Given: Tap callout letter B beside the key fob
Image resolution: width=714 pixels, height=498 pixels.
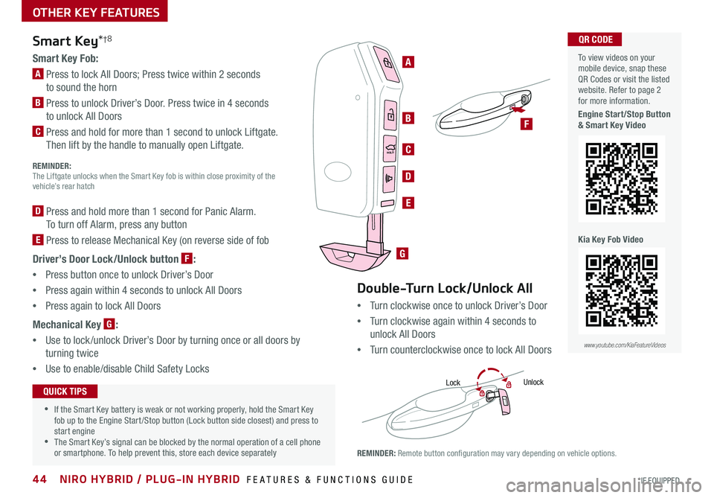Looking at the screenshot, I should [x=408, y=118].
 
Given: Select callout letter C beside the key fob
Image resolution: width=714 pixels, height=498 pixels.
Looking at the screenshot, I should [x=408, y=150].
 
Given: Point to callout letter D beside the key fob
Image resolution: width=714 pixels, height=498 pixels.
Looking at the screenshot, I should [x=408, y=176].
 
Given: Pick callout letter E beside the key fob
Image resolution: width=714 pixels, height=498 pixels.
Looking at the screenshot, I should [x=408, y=202].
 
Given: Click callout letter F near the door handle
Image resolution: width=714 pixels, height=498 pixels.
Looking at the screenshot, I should [x=527, y=124].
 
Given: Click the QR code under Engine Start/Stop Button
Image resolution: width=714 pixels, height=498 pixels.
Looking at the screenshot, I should [x=621, y=178].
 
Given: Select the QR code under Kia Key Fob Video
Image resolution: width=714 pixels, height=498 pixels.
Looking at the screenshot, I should [x=621, y=291].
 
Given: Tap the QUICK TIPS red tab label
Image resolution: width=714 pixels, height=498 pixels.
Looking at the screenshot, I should [x=65, y=392].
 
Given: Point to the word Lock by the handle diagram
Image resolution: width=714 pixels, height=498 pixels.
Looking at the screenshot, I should [x=454, y=383].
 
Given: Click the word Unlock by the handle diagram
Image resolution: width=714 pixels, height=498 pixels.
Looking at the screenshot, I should [x=533, y=382].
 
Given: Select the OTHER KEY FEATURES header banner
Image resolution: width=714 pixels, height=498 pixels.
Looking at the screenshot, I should [x=83, y=12].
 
